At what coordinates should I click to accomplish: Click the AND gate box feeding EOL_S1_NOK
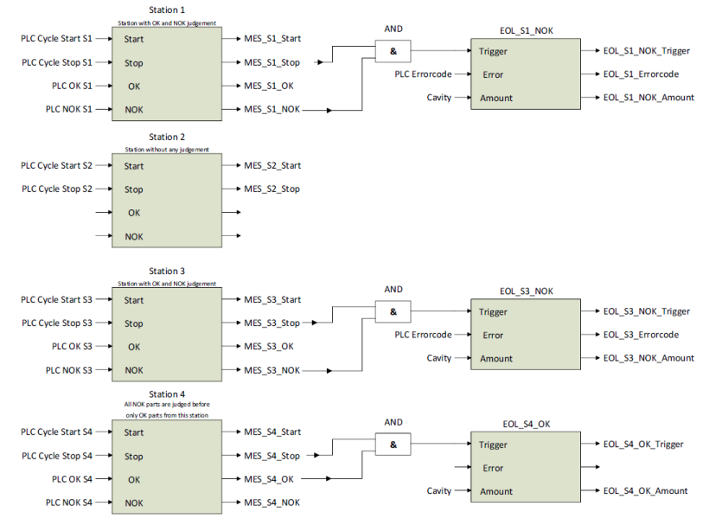393,52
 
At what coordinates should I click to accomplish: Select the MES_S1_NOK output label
272,110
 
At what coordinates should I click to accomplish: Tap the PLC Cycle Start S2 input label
57,166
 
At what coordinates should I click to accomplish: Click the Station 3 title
167,272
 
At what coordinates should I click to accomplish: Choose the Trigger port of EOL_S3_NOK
494,312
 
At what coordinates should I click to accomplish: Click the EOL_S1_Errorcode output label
641,74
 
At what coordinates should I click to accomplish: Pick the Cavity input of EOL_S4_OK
439,491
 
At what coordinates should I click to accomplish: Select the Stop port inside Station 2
133,189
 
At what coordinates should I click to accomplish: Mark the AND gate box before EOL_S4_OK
393,445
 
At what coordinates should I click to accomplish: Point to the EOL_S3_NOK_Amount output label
649,358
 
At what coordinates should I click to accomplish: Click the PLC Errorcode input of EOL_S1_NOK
424,74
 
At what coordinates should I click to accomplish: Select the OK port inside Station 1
134,86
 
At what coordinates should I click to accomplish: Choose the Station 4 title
167,394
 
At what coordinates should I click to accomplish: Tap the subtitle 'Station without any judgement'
167,149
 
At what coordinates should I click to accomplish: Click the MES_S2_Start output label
272,166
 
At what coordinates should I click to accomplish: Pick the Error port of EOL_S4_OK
493,468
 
